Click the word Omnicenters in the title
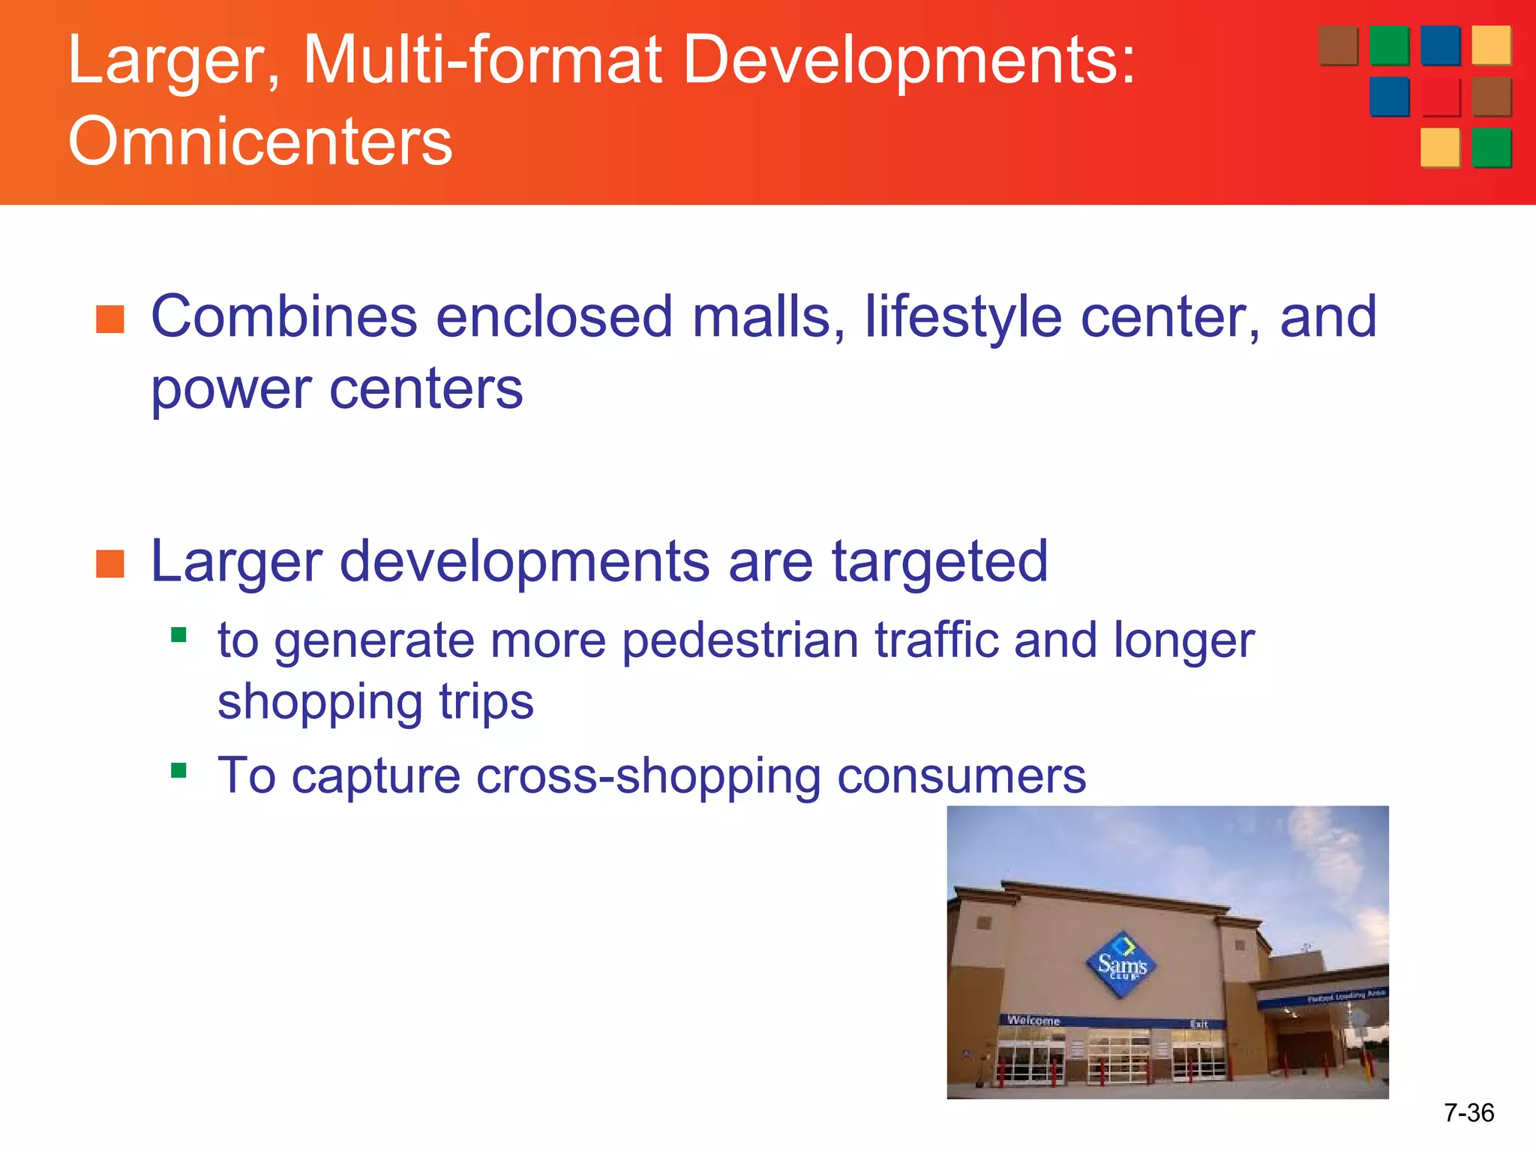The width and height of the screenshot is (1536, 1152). point(260,141)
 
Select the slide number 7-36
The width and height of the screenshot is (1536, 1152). point(1468,1112)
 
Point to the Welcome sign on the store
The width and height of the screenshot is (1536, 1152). point(1033,1020)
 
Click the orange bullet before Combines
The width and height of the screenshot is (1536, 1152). point(110,319)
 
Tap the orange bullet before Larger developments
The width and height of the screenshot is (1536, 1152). point(110,564)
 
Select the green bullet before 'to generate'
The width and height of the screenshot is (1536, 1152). point(178,636)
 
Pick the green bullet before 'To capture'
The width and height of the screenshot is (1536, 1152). point(178,770)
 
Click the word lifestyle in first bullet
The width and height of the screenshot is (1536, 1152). point(963,317)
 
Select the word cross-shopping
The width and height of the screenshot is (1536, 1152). point(648,775)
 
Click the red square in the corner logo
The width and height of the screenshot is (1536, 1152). point(1440,97)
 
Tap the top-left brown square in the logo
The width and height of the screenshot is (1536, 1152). point(1338,45)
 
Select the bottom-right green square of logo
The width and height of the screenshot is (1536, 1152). point(1491,147)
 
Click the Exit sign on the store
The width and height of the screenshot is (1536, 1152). point(1198,1024)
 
